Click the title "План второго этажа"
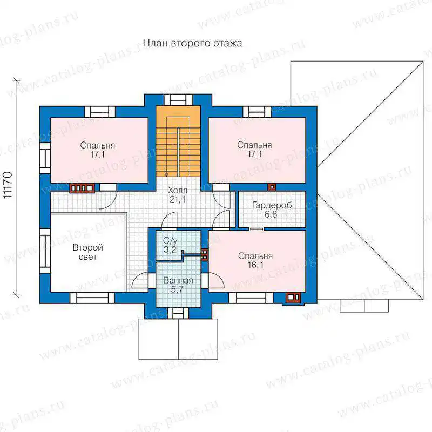pyautogui.click(x=192, y=43)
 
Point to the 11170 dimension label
pyautogui.click(x=8, y=185)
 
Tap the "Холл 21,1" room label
pyautogui.click(x=178, y=195)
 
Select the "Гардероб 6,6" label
pyautogui.click(x=272, y=210)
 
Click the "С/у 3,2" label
pyautogui.click(x=170, y=245)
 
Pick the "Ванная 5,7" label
pyautogui.click(x=178, y=285)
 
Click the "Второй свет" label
pyautogui.click(x=88, y=252)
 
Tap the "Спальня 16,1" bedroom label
pyautogui.click(x=255, y=260)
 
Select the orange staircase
pyautogui.click(x=178, y=141)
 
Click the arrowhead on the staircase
pyautogui.click(x=166, y=173)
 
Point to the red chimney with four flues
pyautogui.click(x=82, y=188)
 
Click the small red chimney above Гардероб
pyautogui.click(x=272, y=187)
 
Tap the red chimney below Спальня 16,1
pyautogui.click(x=293, y=298)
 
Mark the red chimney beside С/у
pyautogui.click(x=204, y=255)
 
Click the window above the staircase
pyautogui.click(x=178, y=100)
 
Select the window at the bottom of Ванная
pyautogui.click(x=178, y=313)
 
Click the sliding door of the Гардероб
pyautogui.click(x=256, y=228)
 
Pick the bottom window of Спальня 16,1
pyautogui.click(x=251, y=298)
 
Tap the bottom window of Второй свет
pyautogui.click(x=92, y=298)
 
